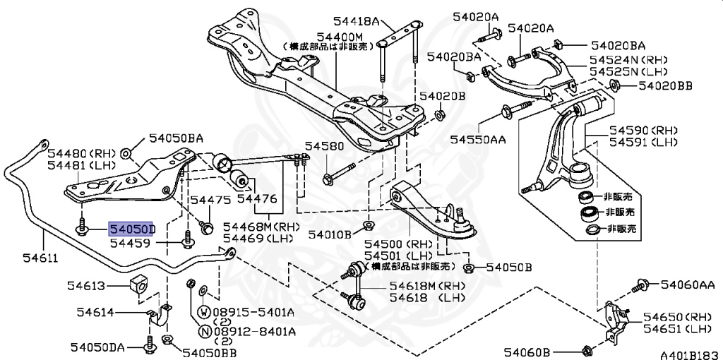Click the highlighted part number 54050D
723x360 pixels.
click(x=131, y=229)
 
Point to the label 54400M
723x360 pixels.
click(x=340, y=36)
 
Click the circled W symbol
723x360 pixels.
click(x=203, y=311)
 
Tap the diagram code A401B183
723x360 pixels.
click(x=689, y=352)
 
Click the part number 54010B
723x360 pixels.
click(x=327, y=234)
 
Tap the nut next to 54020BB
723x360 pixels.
click(x=614, y=87)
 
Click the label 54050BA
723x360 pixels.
click(x=175, y=138)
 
